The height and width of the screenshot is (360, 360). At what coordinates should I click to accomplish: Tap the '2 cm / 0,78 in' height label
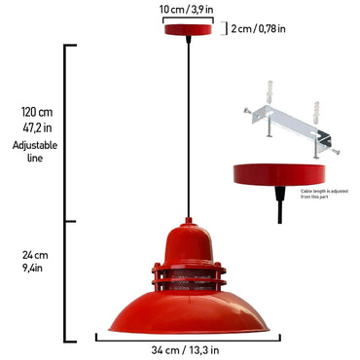[x=259, y=28]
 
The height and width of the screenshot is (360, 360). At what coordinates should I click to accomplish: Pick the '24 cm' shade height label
[x=34, y=255]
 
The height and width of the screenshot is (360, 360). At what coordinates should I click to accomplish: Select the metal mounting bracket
[x=291, y=129]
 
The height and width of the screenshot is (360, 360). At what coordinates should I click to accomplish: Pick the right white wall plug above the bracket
[x=317, y=109]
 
